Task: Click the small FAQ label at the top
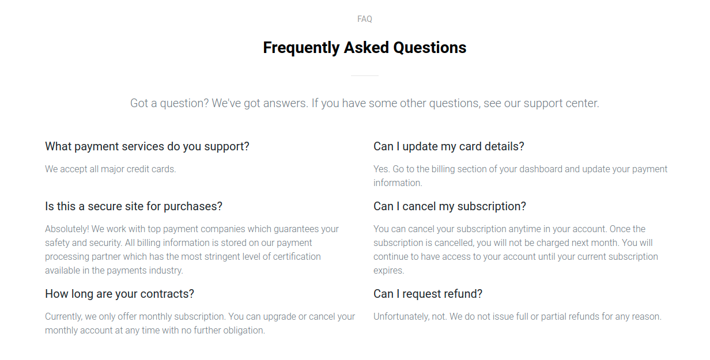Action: tap(364, 19)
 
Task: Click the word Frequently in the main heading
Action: tap(301, 48)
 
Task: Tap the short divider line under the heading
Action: tap(364, 75)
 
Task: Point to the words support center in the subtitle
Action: tap(561, 103)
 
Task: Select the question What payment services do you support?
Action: tap(147, 147)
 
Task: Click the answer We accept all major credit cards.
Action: tap(110, 169)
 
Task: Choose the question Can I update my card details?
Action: tap(449, 147)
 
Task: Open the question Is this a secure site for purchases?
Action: tap(134, 206)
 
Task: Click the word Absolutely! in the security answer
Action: tap(67, 229)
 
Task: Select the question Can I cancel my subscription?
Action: tap(450, 206)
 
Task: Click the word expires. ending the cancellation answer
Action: tap(388, 271)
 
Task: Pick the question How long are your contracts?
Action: tap(119, 294)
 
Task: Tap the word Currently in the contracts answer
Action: tap(64, 317)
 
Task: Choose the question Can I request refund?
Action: tap(428, 294)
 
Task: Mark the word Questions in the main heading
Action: tap(430, 48)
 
